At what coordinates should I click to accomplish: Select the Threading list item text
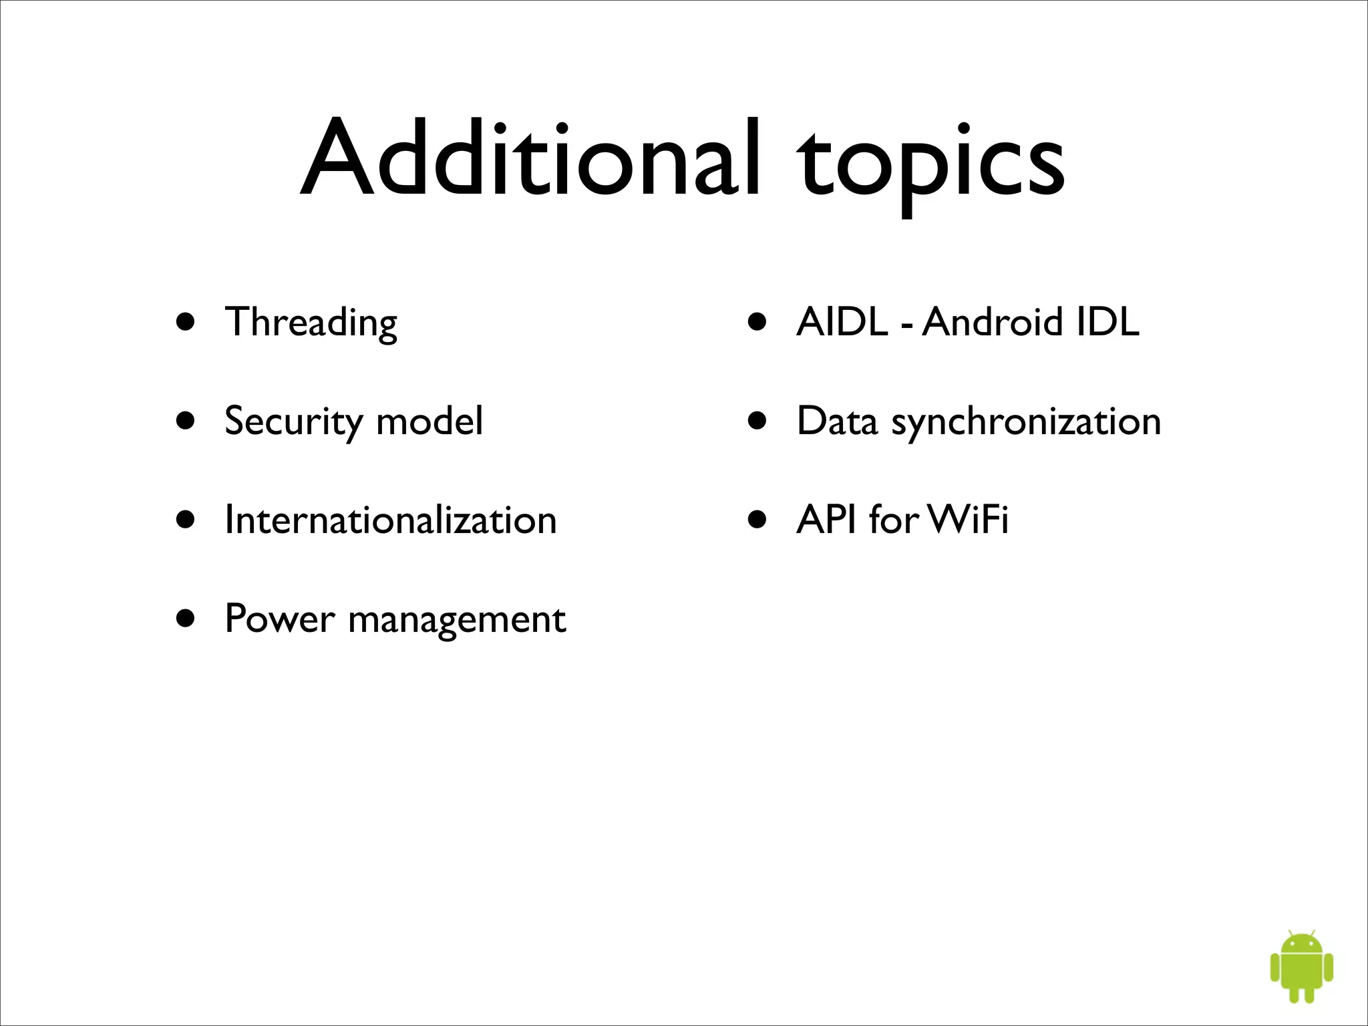tap(311, 323)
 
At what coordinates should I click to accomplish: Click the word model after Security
tap(430, 421)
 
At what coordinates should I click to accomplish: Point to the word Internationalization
tap(391, 520)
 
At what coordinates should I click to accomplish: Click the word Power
tap(279, 619)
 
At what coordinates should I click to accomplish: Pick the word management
tap(457, 620)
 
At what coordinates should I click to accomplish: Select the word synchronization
tap(1026, 422)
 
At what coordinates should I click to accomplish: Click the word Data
tap(837, 421)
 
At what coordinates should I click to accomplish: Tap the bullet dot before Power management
tap(186, 619)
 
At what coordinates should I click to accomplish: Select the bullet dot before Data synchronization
tap(757, 421)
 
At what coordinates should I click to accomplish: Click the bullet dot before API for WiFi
tap(757, 520)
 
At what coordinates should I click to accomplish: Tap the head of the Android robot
tap(1301, 944)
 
